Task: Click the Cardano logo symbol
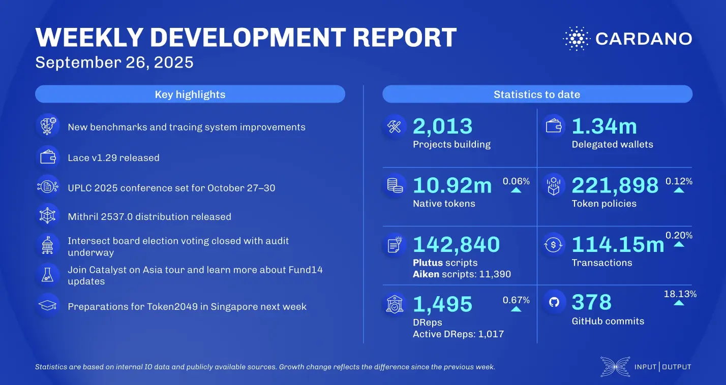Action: click(x=576, y=39)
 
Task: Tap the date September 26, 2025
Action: click(x=114, y=62)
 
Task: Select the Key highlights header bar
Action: click(x=190, y=94)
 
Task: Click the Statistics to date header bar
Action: click(x=537, y=94)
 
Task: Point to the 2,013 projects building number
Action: click(x=442, y=126)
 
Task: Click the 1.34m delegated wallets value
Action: click(x=604, y=126)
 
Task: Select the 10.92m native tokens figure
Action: click(x=452, y=185)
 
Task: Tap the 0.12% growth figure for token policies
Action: click(x=679, y=181)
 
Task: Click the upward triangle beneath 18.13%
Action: click(x=679, y=303)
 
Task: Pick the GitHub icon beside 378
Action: click(x=554, y=303)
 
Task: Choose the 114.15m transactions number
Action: click(x=618, y=245)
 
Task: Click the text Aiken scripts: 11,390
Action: click(x=462, y=274)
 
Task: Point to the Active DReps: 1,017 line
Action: click(x=458, y=334)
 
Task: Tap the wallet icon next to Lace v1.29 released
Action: click(x=47, y=157)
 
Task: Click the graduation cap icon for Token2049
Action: click(x=47, y=306)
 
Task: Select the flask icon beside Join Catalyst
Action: click(x=47, y=276)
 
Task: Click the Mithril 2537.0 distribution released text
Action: click(x=149, y=217)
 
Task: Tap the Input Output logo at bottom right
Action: click(x=646, y=367)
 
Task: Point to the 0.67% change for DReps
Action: click(x=516, y=300)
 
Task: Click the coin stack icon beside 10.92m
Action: click(x=395, y=186)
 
